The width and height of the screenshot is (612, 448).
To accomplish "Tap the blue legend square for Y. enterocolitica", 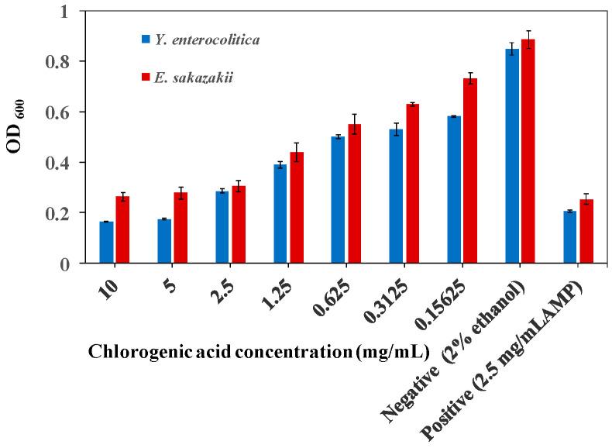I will [146, 38].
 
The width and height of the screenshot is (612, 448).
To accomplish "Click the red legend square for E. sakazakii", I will [146, 78].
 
